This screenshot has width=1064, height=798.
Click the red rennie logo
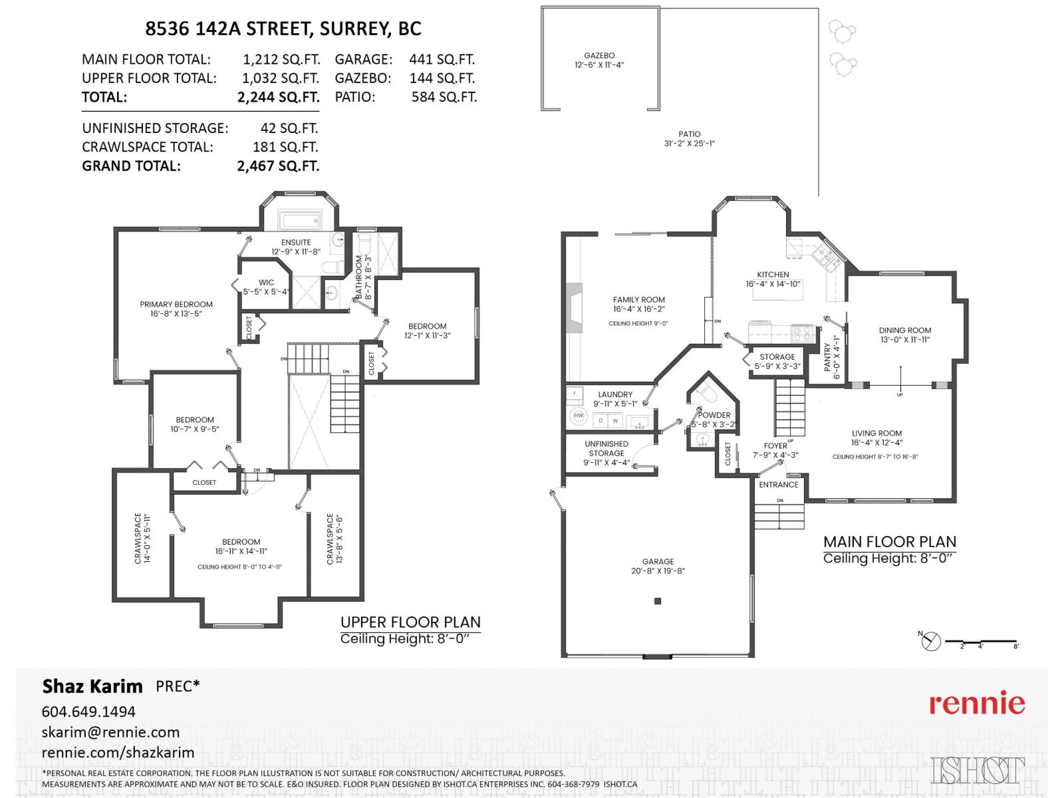[x=977, y=703]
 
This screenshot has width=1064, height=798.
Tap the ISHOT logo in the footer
[x=978, y=771]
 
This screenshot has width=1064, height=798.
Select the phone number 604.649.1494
[x=88, y=712]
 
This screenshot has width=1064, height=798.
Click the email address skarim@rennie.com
[x=110, y=732]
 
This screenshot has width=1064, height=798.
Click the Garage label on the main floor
[x=658, y=561]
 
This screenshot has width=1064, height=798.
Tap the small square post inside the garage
[x=658, y=601]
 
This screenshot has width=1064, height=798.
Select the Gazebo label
[x=599, y=56]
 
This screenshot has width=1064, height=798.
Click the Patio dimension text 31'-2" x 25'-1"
[x=689, y=144]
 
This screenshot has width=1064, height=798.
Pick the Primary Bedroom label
[x=176, y=305]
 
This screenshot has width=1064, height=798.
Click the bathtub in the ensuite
[x=299, y=220]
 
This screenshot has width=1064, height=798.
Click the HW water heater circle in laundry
[x=578, y=416]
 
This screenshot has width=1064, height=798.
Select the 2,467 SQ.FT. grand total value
[x=278, y=166]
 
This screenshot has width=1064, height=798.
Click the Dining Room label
[x=904, y=331]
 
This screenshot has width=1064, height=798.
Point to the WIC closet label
[x=266, y=283]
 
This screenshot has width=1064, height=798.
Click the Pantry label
[x=827, y=357]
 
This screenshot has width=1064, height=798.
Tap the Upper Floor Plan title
[x=410, y=622]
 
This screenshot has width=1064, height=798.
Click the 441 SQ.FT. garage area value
[x=442, y=59]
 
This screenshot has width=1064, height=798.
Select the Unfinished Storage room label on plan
[x=606, y=448]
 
